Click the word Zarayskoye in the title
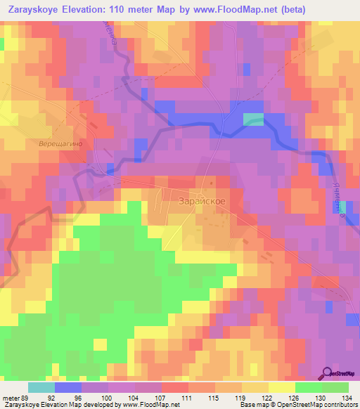coord(33,11)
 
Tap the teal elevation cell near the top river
coord(253,119)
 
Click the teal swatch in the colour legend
coord(41,387)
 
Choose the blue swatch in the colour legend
coord(68,387)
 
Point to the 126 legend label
coord(294,396)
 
